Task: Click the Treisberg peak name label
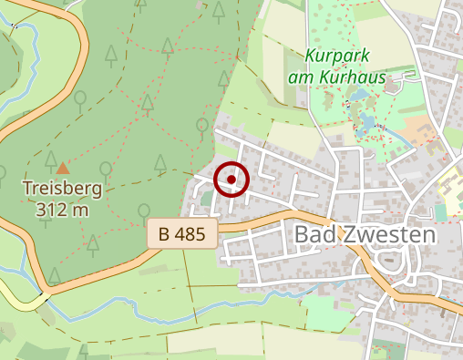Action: [62, 190]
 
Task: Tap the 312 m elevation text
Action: [62, 210]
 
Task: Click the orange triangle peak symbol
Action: [62, 168]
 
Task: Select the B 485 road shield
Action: [182, 233]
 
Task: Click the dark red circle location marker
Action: [231, 180]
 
